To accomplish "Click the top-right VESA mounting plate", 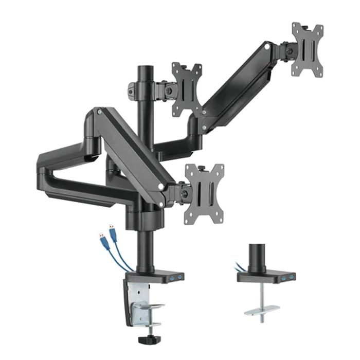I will (307, 50).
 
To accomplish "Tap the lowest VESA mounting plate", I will (204, 193).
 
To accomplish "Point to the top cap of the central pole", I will (142, 68).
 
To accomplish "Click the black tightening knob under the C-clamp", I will (141, 340).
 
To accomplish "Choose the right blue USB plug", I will (112, 232).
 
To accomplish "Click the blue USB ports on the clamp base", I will (175, 278).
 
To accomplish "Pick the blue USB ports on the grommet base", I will (286, 278).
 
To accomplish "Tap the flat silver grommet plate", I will (262, 310).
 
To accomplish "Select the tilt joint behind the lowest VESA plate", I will (181, 194).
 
